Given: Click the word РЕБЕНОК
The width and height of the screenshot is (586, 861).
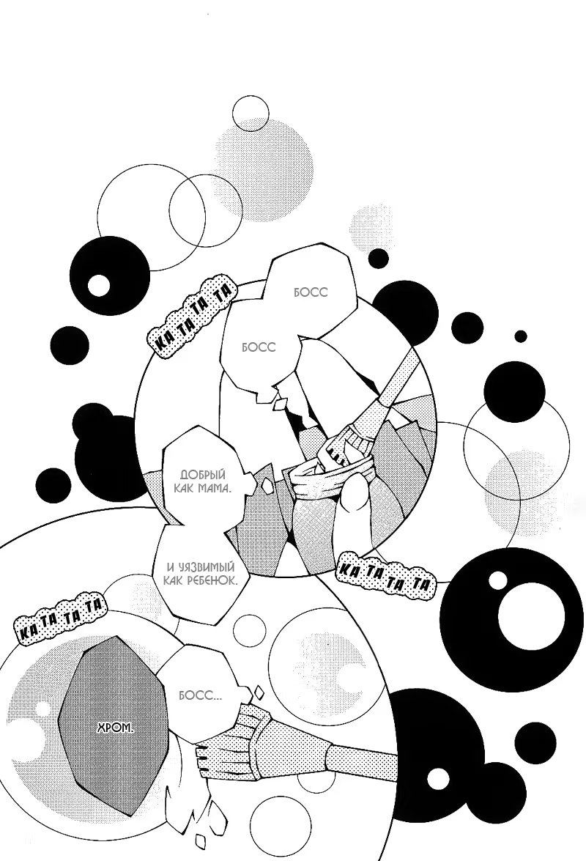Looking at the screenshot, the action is click(213, 580).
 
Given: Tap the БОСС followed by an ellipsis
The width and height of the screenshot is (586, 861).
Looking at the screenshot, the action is click(200, 695).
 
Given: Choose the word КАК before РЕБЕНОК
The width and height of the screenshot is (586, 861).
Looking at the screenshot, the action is click(174, 580).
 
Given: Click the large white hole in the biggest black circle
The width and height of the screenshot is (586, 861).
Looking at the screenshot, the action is click(530, 614).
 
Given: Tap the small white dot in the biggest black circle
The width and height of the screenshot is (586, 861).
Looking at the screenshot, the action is click(497, 580).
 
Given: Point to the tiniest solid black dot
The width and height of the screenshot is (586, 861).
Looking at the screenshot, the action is click(520, 336).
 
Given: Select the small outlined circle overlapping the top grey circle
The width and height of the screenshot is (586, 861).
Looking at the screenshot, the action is click(251, 113).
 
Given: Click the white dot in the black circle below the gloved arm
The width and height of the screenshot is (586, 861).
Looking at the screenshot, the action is click(438, 778).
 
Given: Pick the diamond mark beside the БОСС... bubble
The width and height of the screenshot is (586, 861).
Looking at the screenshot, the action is click(257, 691).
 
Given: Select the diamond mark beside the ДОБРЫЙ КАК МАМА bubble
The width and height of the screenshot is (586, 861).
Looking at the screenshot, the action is click(268, 485).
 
